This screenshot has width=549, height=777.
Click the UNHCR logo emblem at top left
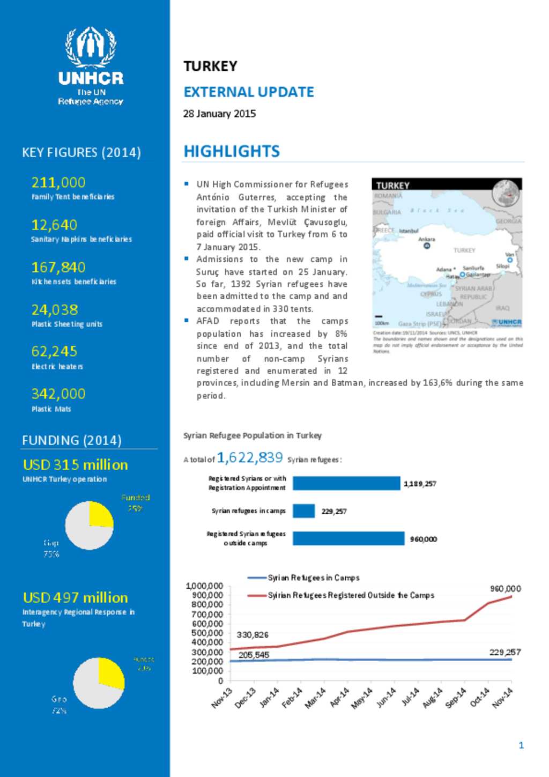click(x=91, y=47)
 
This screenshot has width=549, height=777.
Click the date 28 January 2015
click(x=219, y=114)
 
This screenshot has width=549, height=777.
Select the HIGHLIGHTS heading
click(x=232, y=151)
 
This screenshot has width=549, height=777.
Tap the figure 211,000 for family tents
click(x=58, y=182)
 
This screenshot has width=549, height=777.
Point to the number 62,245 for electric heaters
click(x=54, y=351)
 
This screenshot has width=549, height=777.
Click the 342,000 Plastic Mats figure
click(x=58, y=394)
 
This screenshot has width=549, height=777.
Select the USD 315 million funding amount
click(x=75, y=465)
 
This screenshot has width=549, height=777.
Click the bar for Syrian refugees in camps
click(x=303, y=511)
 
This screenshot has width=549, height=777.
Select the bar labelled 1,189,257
click(x=346, y=483)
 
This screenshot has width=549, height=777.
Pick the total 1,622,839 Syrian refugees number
click(x=250, y=457)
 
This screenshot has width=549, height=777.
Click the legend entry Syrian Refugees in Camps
click(x=313, y=578)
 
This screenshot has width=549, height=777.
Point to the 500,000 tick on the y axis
click(x=207, y=633)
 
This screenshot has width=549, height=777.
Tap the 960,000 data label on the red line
click(x=505, y=588)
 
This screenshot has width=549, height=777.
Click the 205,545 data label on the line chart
click(x=254, y=655)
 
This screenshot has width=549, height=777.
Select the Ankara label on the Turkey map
click(x=427, y=239)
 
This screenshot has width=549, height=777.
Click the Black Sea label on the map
click(x=437, y=211)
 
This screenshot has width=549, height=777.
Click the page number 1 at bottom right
click(x=521, y=745)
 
